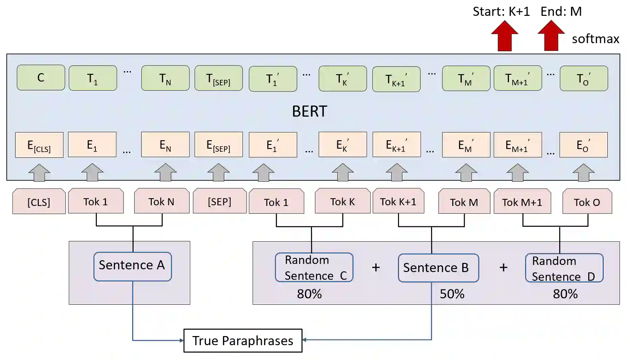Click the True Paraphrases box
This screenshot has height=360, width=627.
pyautogui.click(x=243, y=340)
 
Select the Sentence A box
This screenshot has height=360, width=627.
pyautogui.click(x=133, y=266)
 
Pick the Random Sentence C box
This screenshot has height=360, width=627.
pyautogui.click(x=314, y=267)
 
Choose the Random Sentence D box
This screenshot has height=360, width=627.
pyautogui.click(x=564, y=268)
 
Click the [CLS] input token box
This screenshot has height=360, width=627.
pyautogui.click(x=39, y=202)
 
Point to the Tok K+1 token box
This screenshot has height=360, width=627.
pyautogui.click(x=398, y=201)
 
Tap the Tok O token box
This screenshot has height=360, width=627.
pyautogui.click(x=587, y=202)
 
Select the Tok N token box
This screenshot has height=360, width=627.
pyautogui.click(x=162, y=201)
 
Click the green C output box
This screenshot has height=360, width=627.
pyautogui.click(x=41, y=78)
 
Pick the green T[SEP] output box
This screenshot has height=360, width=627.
pyautogui.click(x=219, y=78)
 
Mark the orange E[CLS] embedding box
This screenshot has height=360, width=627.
pyautogui.click(x=39, y=145)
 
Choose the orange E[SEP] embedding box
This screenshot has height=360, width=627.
pyautogui.click(x=219, y=145)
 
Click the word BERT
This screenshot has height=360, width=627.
pyautogui.click(x=309, y=111)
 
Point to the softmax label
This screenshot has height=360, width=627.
pyautogui.click(x=595, y=39)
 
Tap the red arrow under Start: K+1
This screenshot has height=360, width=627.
pyautogui.click(x=505, y=36)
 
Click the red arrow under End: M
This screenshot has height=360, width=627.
pyautogui.click(x=551, y=36)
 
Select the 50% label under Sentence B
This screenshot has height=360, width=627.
pyautogui.click(x=452, y=294)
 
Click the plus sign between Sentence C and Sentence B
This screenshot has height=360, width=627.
pyautogui.click(x=376, y=268)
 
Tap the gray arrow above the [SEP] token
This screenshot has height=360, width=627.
pyautogui.click(x=219, y=173)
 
